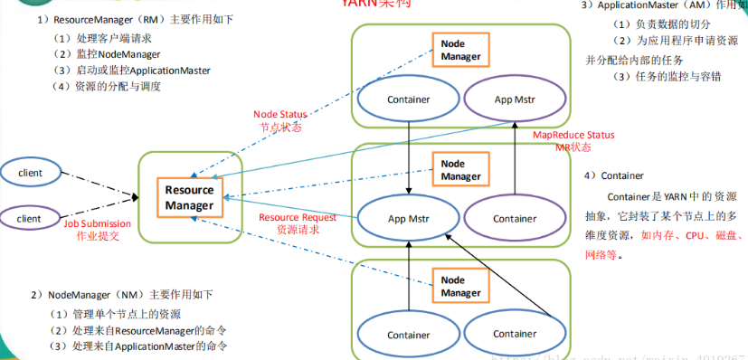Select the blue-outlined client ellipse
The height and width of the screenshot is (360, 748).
coord(30,172)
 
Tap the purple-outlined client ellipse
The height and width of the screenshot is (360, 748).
coord(30,218)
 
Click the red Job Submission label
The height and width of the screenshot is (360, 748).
coord(97,229)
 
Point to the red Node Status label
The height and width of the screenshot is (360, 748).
coord(279,120)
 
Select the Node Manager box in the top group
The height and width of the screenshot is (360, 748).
coord(460,50)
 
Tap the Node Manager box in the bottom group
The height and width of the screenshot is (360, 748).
coord(460,287)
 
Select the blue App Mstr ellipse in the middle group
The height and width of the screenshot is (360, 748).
coord(409,218)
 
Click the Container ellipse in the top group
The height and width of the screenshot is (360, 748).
coord(409,99)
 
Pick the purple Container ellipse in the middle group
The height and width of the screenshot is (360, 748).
coord(514,218)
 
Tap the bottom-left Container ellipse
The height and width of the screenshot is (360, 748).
coord(409,334)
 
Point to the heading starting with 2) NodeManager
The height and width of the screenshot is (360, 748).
coord(121,295)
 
